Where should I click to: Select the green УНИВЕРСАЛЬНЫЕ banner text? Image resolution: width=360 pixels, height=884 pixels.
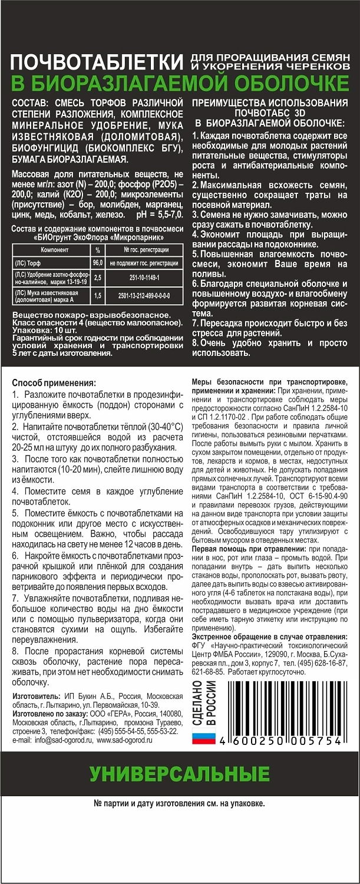[x=180, y=773]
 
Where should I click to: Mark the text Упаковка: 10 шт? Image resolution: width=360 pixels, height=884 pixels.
[x=42, y=331]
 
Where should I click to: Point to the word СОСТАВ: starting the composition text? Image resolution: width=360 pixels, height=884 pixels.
[x=31, y=104]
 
